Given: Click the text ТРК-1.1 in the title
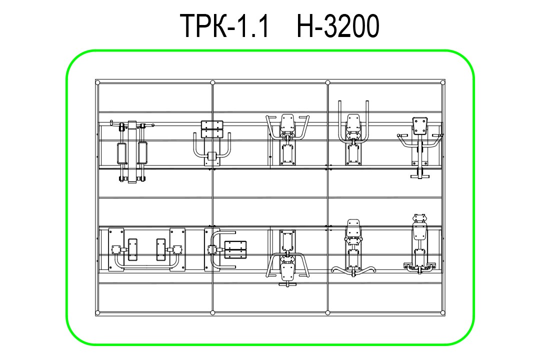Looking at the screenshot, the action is point(224,26).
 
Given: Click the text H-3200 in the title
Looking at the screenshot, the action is point(338,26).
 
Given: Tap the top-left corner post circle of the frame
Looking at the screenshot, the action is point(97,82).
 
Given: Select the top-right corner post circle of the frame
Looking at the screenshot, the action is point(443,82).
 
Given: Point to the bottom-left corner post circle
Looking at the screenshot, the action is point(97,313).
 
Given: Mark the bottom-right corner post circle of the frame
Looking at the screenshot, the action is point(443,313).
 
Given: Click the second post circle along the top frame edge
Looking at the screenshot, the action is point(212,82).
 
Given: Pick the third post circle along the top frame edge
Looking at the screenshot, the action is point(327,82).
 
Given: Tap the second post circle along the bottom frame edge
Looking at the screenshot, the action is point(212,313).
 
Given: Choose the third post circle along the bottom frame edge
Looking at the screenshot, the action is point(327,313).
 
